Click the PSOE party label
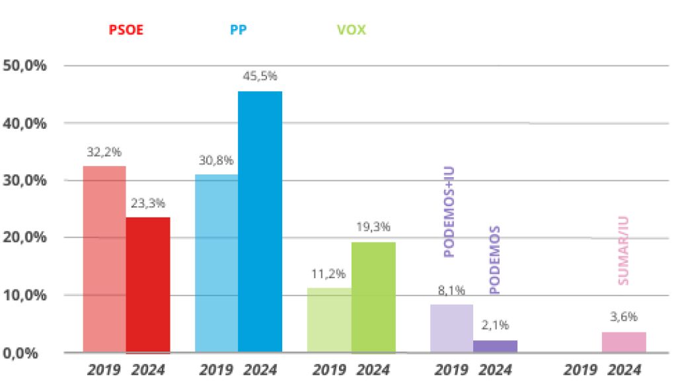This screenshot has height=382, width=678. pos(126,30)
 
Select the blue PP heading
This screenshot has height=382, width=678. pos(239,30)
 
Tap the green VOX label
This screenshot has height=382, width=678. pos(351,30)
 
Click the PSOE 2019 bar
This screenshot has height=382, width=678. pos(104,258)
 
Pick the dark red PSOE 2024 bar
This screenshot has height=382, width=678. pos(148,284)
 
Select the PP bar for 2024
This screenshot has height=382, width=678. pos(260,221)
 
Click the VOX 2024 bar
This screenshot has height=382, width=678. pos(373,297)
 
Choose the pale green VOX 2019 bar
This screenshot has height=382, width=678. pos(329,320)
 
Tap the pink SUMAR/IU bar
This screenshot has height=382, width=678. pos(624,342)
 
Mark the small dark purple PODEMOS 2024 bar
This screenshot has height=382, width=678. pos(495,346)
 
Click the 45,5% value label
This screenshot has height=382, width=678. pos(260,76)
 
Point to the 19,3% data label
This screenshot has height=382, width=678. pos(374,227)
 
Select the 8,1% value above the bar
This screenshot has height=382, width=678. pos(451,289)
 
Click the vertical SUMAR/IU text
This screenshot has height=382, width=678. pos(623,258)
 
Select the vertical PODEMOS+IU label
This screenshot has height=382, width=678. pos(450,211)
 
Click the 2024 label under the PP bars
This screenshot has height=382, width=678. pos(260,369)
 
